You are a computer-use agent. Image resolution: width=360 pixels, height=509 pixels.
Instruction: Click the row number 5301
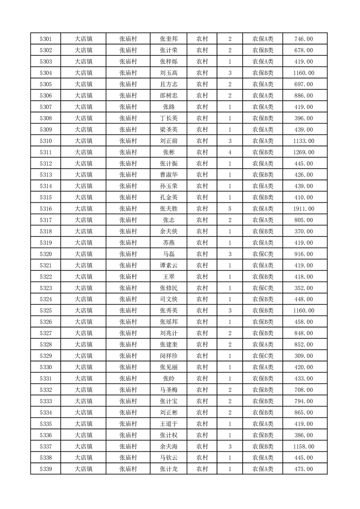45,39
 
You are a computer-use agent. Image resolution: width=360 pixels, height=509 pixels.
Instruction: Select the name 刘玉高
168,73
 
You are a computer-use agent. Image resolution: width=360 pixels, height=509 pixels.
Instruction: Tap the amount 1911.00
304,209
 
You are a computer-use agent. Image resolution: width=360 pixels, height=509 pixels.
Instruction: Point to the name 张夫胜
168,209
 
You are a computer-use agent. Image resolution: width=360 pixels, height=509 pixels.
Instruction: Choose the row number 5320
45,254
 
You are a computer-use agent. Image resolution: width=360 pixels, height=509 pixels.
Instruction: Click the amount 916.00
304,254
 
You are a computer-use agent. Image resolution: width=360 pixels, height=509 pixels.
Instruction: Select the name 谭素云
168,265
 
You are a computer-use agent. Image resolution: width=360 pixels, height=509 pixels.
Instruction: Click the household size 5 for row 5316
230,209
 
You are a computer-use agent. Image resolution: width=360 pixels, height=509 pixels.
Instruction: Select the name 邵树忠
168,96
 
